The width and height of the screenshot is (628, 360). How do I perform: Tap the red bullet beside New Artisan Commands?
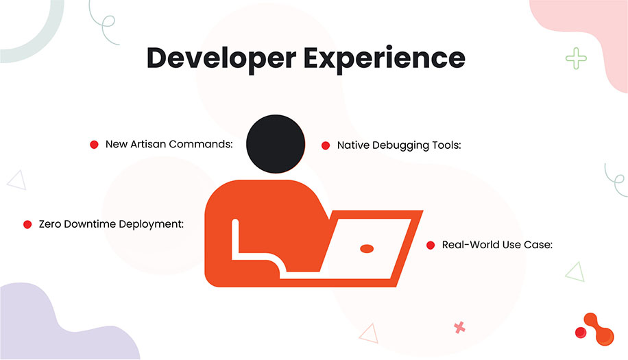(95, 145)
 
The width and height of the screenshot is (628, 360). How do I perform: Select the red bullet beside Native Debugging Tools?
(326, 145)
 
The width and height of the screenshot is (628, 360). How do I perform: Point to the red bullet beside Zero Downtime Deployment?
(28, 224)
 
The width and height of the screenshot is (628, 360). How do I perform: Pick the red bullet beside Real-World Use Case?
(431, 245)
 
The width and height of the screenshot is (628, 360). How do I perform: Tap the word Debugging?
(401, 145)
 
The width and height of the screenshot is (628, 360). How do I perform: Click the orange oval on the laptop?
(367, 248)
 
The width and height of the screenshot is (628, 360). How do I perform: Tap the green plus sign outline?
(576, 58)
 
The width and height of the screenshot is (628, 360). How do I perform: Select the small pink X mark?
(459, 327)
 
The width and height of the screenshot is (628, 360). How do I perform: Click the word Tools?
(446, 145)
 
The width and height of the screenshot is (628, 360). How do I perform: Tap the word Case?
(538, 245)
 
